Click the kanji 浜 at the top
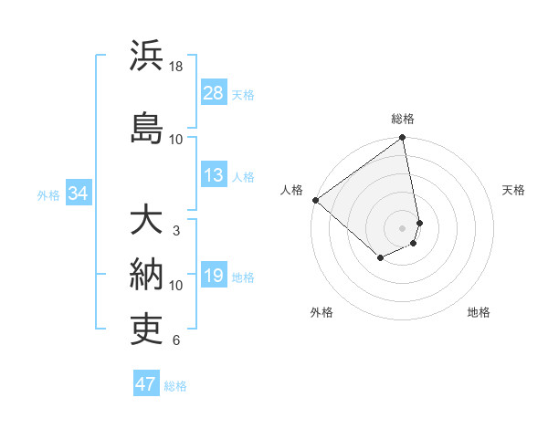point(146,56)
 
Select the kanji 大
point(146,221)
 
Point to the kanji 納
point(146,273)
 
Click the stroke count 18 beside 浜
point(176,68)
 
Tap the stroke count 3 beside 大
point(176,231)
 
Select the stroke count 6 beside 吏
point(176,340)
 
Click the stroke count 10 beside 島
point(176,139)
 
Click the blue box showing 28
point(214,93)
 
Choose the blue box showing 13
point(214,176)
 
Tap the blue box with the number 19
point(214,277)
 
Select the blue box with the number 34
point(78,194)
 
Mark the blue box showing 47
point(146,384)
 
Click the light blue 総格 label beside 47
point(175,386)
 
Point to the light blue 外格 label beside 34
point(48,194)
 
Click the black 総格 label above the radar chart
point(403,119)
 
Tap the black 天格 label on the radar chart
point(514,190)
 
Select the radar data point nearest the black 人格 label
point(315,200)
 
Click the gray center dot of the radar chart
point(403,227)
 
